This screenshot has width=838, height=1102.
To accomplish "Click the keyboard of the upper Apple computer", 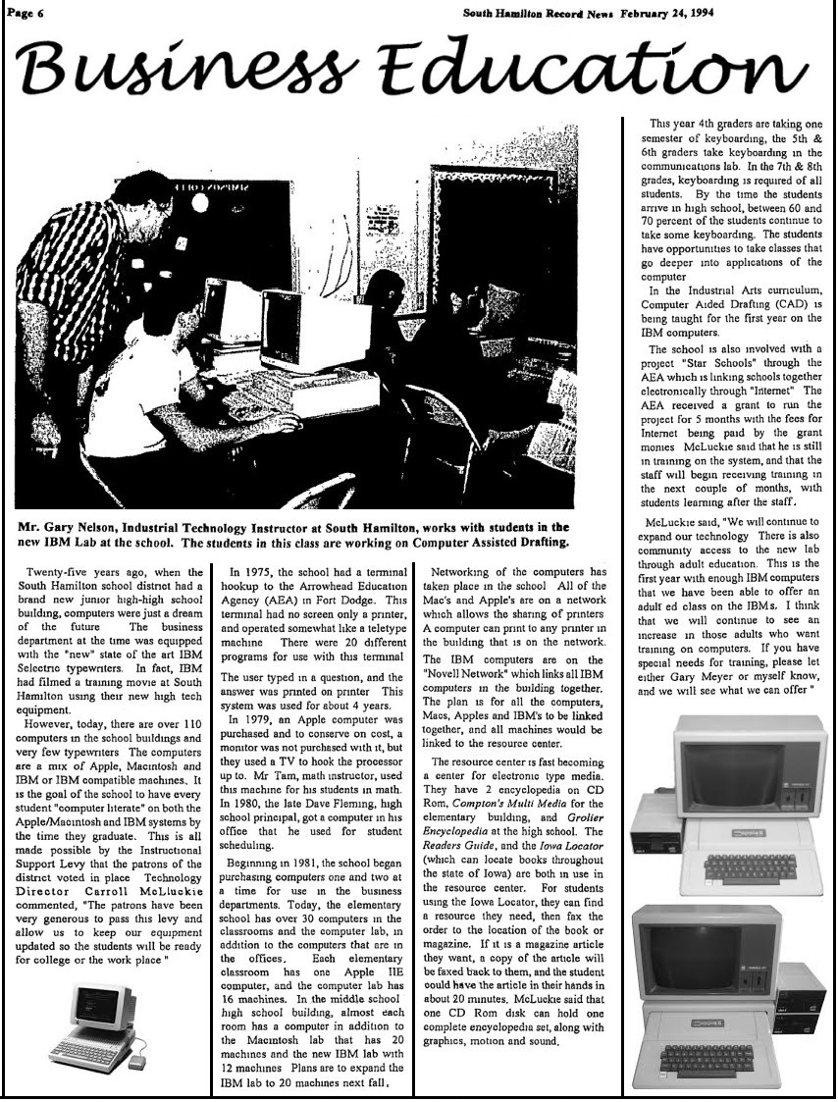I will click(752, 866).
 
